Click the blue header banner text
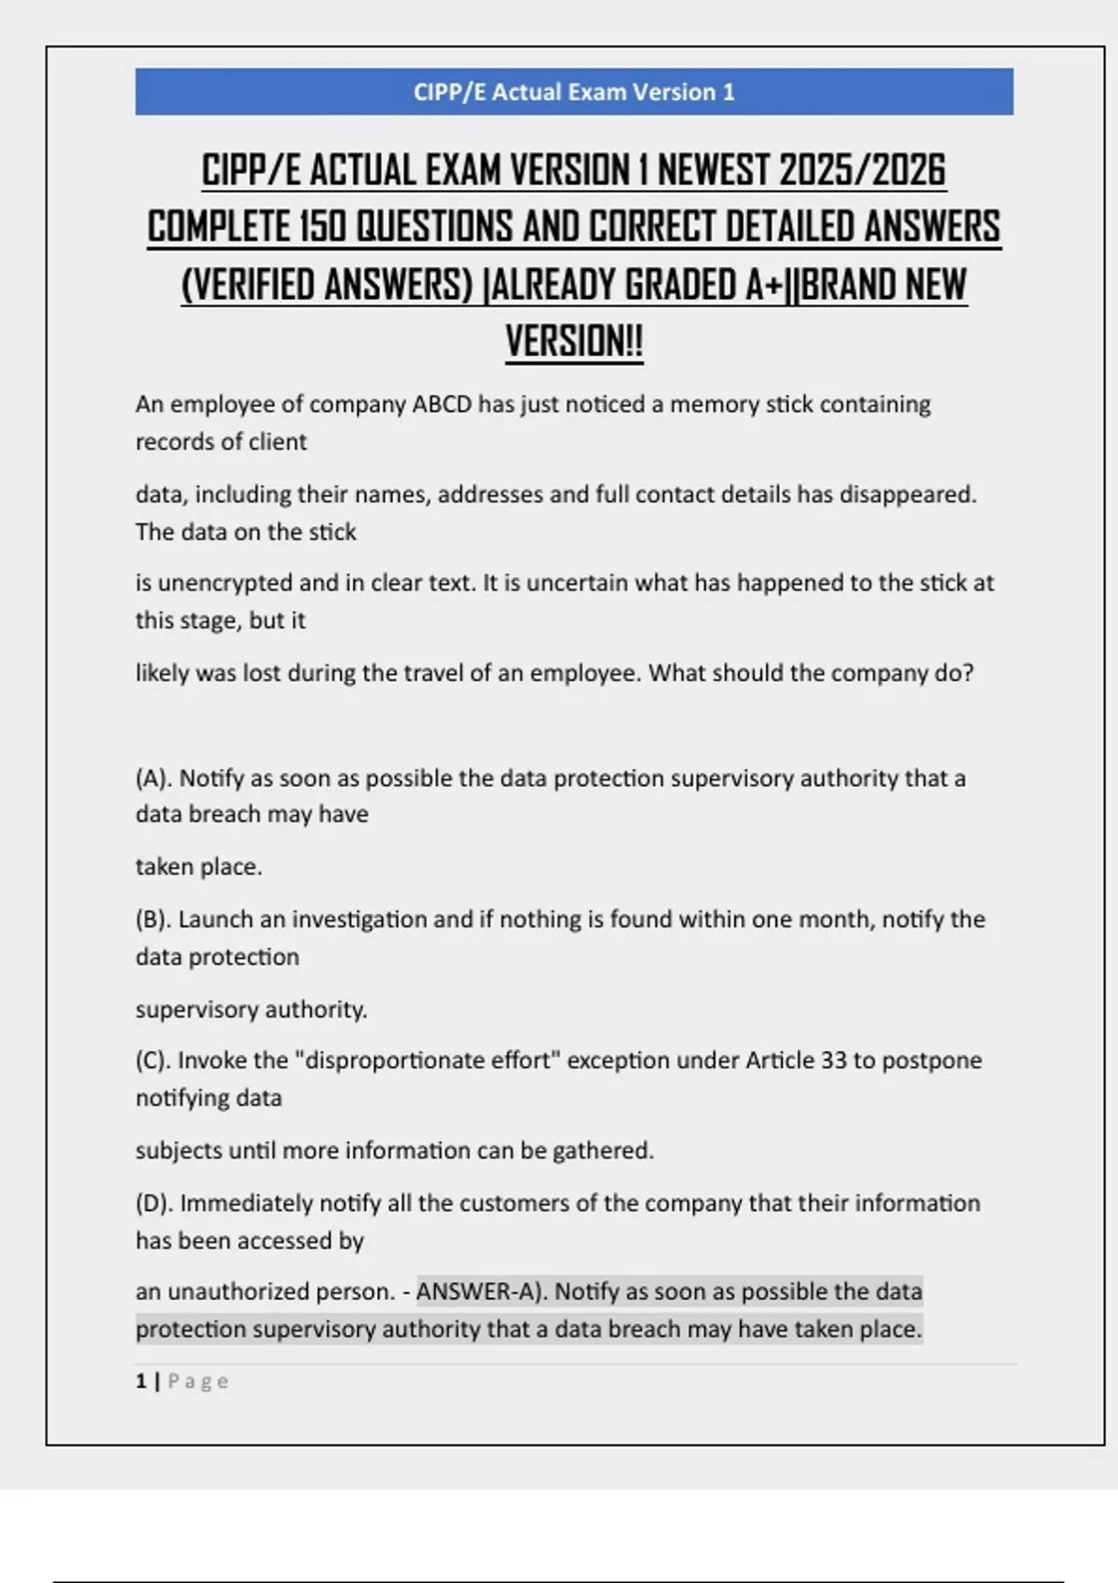pyautogui.click(x=574, y=92)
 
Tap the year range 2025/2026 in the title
pyautogui.click(x=862, y=170)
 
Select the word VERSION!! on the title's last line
pyautogui.click(x=574, y=342)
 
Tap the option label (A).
pyautogui.click(x=154, y=778)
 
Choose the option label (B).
pyautogui.click(x=154, y=920)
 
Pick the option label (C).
pyautogui.click(x=154, y=1061)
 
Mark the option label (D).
pyautogui.click(x=155, y=1203)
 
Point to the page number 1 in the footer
pyautogui.click(x=141, y=1381)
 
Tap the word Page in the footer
pyautogui.click(x=198, y=1382)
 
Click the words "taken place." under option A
pyautogui.click(x=198, y=867)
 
